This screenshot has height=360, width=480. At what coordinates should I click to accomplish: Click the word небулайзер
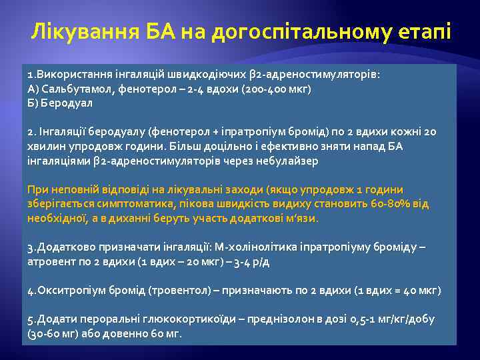click(290, 161)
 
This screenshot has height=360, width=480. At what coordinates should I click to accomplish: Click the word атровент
click(51, 262)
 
